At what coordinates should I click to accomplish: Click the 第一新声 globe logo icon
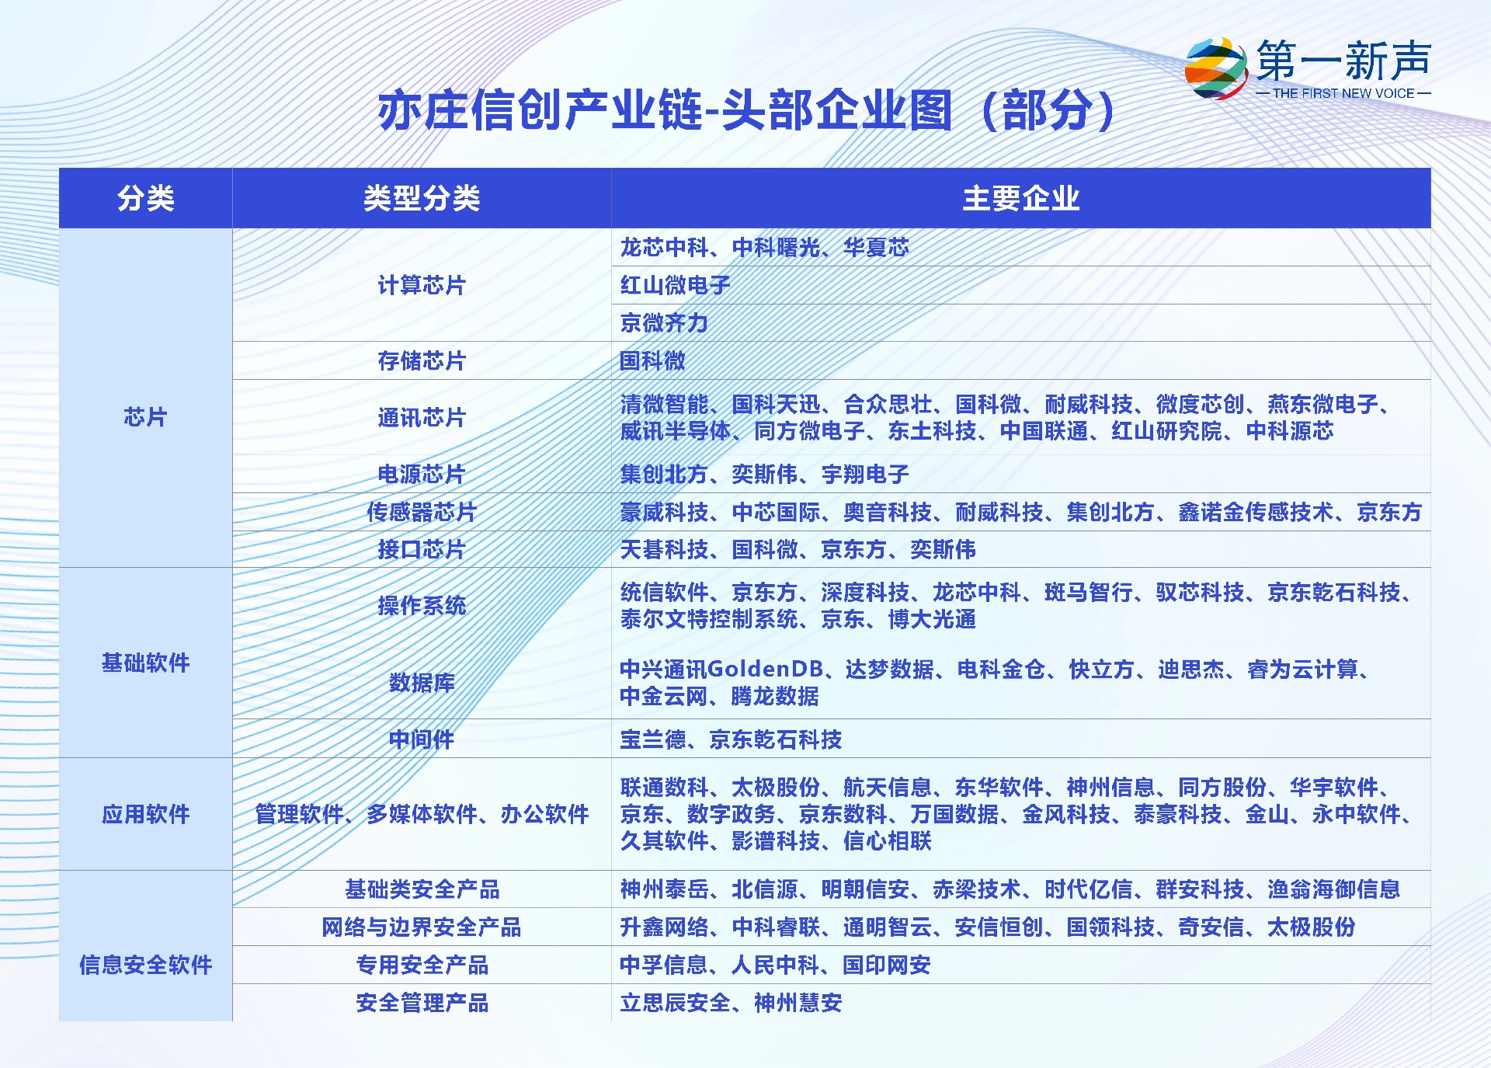1216,68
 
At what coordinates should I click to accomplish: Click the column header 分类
146,198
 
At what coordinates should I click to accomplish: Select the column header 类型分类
422,198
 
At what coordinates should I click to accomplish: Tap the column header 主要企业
1021,198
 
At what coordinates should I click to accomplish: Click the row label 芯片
146,417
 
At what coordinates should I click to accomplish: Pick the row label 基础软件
146,663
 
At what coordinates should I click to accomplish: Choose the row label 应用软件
146,814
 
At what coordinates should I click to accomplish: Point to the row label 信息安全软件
146,965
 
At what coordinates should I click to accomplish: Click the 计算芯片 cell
422,285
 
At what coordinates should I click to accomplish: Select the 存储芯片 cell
422,360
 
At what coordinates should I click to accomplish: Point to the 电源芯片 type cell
422,474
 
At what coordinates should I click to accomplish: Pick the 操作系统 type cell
422,605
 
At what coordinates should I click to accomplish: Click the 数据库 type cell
422,683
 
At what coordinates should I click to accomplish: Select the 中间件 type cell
422,739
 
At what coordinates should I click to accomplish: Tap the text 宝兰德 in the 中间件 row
653,739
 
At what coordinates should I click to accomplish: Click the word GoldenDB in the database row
766,669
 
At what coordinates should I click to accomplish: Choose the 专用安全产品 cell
422,965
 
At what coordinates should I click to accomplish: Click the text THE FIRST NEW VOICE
1343,93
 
